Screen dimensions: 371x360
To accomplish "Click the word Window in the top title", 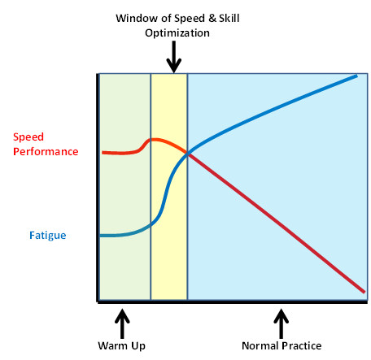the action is pos(136,19).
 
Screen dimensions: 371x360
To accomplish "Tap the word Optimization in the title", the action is pos(177,33).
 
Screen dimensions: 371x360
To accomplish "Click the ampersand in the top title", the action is pos(212,19).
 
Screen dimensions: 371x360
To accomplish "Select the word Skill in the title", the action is pos(229,19).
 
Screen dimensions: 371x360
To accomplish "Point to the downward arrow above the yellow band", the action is pos(173,57).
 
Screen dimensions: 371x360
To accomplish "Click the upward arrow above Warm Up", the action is pos(122,323).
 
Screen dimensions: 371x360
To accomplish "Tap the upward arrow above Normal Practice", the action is pos(281,323).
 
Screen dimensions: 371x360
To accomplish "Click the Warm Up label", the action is pos(122,346).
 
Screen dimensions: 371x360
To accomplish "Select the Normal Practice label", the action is pos(282,346).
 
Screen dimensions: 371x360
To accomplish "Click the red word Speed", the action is pos(28,137).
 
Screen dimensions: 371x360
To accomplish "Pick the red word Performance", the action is pos(46,152).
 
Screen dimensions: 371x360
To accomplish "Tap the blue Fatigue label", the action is pos(48,236).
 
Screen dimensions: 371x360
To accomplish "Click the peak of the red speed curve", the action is pos(154,140).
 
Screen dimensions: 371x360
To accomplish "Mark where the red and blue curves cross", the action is pos(188,154).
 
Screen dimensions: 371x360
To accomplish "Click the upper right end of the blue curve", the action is pos(357,76).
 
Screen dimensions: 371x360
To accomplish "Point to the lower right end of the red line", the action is pos(364,292).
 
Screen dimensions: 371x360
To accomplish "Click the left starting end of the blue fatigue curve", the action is pos(100,236).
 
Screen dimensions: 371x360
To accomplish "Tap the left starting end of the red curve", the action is pos(103,153).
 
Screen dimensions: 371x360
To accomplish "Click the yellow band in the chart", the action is pos(169,187).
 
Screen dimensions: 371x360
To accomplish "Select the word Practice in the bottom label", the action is pos(302,346).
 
